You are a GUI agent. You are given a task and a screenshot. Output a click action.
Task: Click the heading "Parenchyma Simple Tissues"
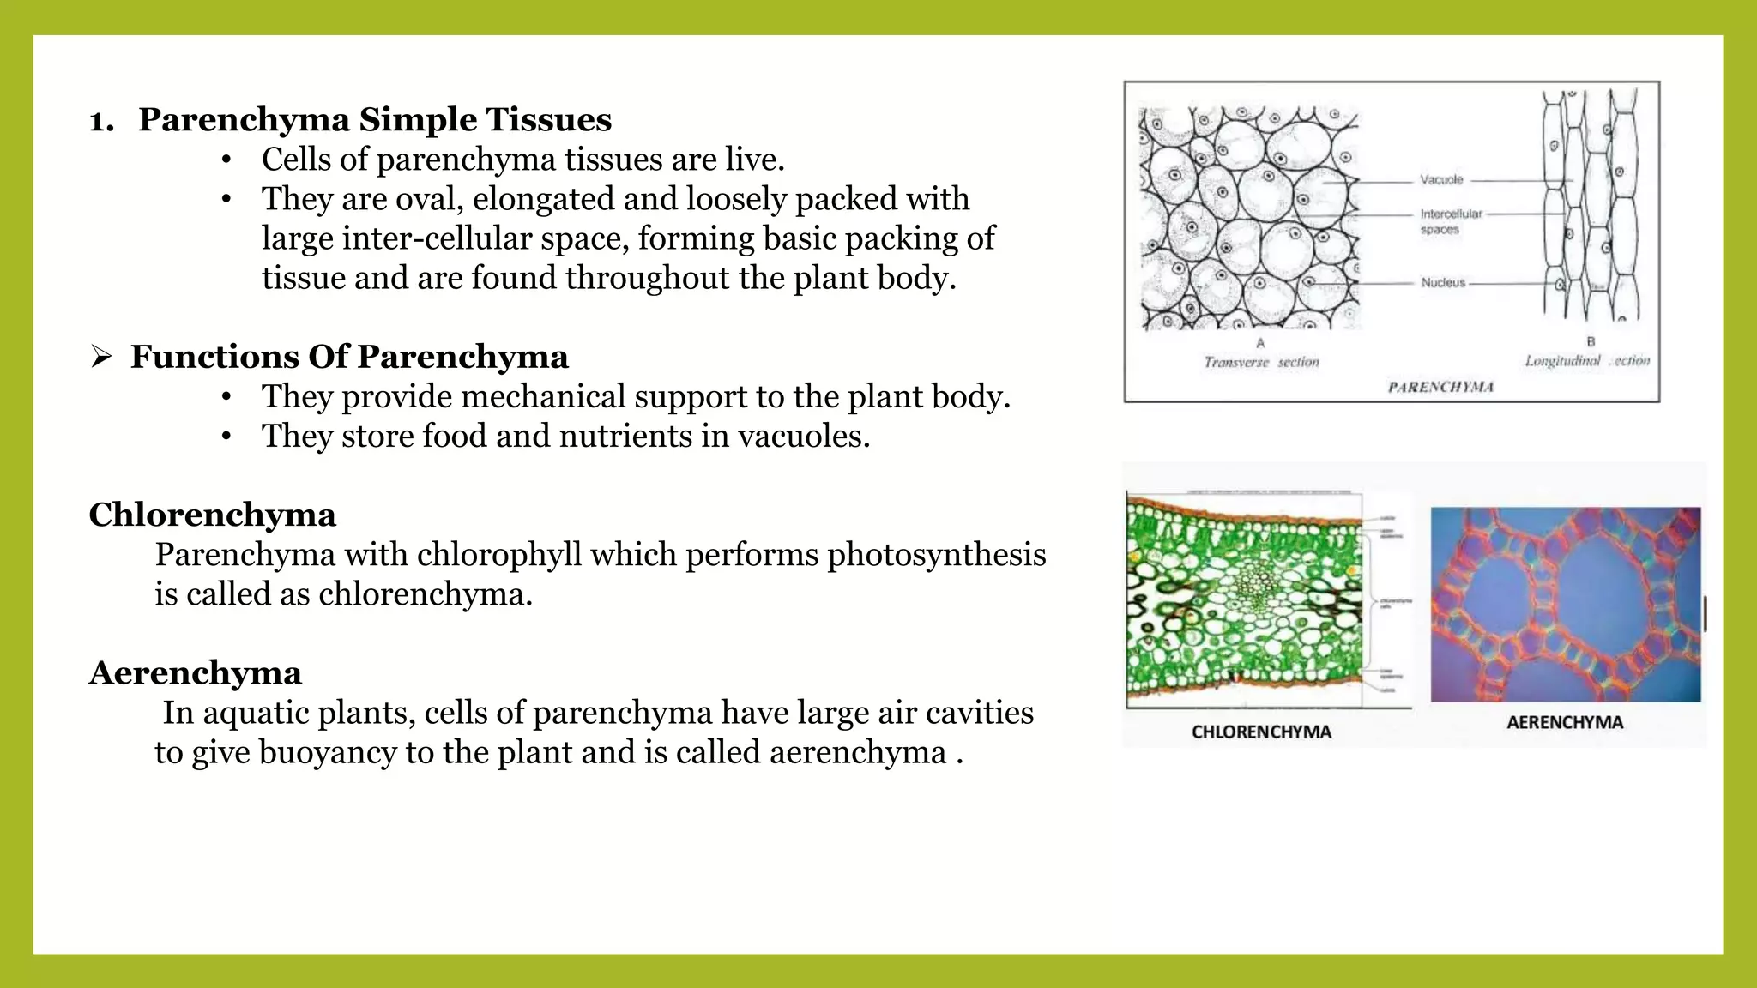coord(375,120)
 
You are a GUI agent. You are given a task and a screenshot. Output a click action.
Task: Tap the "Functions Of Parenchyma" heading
coord(349,357)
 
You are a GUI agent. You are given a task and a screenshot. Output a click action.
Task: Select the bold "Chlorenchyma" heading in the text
coord(213,515)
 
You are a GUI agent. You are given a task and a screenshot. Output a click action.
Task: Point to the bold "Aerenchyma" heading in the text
coord(196,673)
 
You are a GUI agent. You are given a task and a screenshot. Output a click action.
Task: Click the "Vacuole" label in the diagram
coord(1441,180)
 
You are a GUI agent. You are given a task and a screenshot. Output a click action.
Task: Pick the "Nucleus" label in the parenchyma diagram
coord(1443,282)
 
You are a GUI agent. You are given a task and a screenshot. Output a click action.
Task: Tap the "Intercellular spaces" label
coord(1451,221)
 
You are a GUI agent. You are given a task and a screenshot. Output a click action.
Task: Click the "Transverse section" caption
coord(1261,362)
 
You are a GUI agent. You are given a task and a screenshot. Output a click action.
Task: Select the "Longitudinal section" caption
coord(1587,361)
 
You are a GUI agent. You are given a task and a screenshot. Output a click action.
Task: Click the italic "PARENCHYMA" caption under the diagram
coord(1440,388)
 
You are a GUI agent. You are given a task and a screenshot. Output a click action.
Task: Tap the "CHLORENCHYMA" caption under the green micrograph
coord(1261,732)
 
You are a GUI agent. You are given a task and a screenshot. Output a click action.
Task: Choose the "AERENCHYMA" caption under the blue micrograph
coord(1565,723)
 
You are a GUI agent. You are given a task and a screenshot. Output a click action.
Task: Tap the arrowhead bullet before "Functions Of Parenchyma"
coord(101,357)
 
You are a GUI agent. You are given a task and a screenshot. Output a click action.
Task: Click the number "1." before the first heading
coord(101,121)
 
